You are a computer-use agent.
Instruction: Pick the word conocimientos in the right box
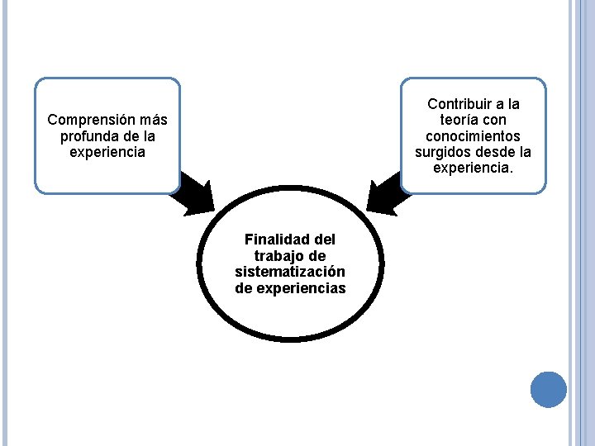(x=474, y=135)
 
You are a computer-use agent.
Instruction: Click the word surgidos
(x=440, y=152)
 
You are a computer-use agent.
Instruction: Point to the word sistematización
(x=290, y=272)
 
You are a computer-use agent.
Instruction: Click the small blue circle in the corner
(x=548, y=389)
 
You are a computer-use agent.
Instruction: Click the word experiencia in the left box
(x=108, y=152)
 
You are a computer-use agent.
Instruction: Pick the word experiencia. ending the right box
(x=474, y=168)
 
